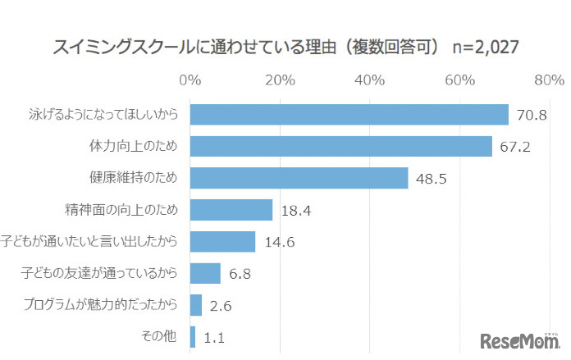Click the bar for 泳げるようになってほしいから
(349, 115)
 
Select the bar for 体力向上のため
(340, 147)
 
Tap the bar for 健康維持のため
(299, 178)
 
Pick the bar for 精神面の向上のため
(231, 210)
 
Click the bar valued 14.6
(222, 241)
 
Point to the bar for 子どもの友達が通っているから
(205, 273)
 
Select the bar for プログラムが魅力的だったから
(196, 305)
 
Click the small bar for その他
(193, 336)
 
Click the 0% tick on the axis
(190, 80)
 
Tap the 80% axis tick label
(548, 80)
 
